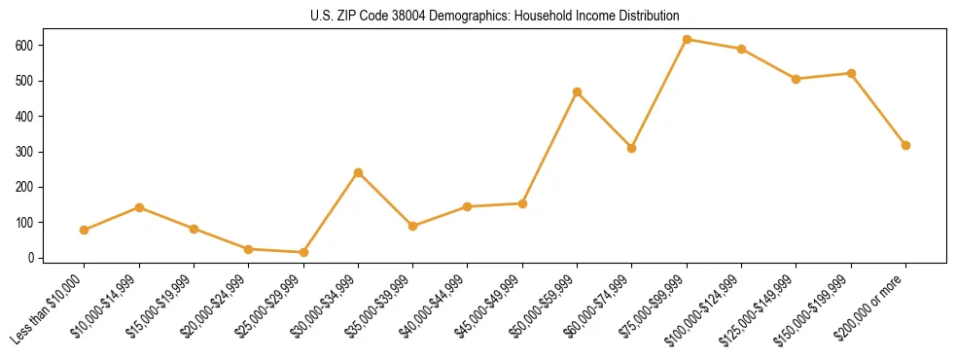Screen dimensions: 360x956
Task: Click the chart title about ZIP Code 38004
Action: pyautogui.click(x=478, y=16)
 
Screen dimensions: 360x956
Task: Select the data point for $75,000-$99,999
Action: pyautogui.click(x=687, y=40)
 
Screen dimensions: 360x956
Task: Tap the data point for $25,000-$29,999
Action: pyautogui.click(x=303, y=252)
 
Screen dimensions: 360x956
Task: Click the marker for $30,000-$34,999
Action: pyautogui.click(x=358, y=172)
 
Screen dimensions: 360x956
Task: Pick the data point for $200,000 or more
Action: pyautogui.click(x=905, y=145)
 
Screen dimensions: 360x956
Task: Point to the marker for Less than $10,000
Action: pyautogui.click(x=85, y=230)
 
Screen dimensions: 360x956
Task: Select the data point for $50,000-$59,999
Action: pyautogui.click(x=577, y=91)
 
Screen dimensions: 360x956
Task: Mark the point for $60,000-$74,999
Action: pyautogui.click(x=631, y=148)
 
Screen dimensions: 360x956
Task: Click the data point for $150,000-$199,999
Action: pyautogui.click(x=851, y=73)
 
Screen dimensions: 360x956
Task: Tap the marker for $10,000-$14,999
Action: pyautogui.click(x=139, y=207)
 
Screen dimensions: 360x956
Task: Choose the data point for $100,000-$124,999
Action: pyautogui.click(x=741, y=49)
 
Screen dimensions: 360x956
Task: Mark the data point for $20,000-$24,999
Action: pyautogui.click(x=249, y=249)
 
